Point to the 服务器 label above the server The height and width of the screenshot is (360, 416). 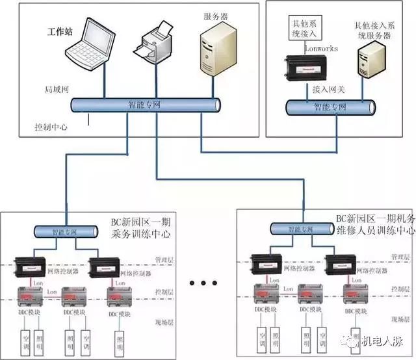(x=214, y=12)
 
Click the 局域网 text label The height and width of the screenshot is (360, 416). (x=53, y=90)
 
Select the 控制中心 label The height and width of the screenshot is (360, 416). (x=51, y=127)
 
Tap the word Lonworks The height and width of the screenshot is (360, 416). (x=322, y=48)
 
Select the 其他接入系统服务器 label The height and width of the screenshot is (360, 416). (x=374, y=31)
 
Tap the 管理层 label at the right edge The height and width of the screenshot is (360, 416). (x=400, y=257)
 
